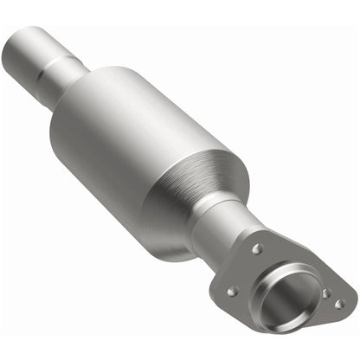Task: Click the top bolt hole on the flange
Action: (257, 248)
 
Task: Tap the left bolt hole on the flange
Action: (232, 292)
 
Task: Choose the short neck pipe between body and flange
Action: (221, 229)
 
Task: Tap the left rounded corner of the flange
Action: (222, 294)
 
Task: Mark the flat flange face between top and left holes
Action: (245, 270)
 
